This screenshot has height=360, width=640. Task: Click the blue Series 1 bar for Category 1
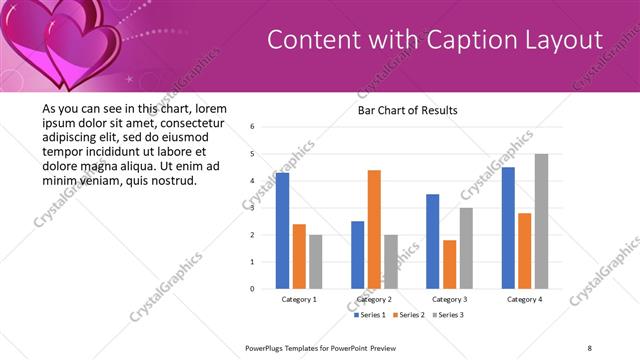tap(283, 231)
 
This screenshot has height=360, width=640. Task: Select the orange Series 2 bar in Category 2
tap(374, 229)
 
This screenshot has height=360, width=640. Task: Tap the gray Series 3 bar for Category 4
tap(541, 221)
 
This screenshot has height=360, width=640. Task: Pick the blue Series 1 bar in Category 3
tap(432, 241)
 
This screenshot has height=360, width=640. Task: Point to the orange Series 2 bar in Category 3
tap(449, 264)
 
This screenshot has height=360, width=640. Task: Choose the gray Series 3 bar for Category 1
tap(316, 261)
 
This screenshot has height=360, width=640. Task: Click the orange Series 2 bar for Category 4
tap(525, 250)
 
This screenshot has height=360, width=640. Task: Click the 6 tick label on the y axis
tap(253, 127)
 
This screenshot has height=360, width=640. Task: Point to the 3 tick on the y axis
tap(253, 208)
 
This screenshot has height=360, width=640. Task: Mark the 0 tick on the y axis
tap(253, 289)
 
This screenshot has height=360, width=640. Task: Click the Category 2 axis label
tap(374, 299)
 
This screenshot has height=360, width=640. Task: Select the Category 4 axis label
tap(524, 299)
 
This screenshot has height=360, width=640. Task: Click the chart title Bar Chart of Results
tap(407, 110)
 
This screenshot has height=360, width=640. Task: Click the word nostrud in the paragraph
tap(173, 181)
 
